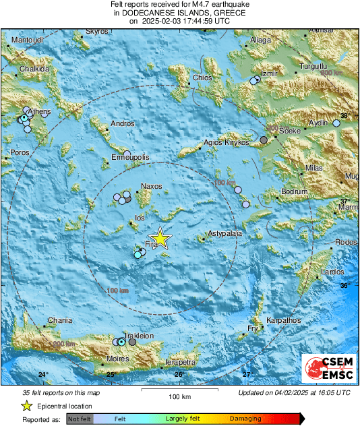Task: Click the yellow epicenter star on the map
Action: [160, 237]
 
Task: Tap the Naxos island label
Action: [152, 187]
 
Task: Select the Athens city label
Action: [39, 112]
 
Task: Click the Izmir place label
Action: [270, 73]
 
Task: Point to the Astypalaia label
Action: [224, 233]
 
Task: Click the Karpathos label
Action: [283, 320]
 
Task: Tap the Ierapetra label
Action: [180, 363]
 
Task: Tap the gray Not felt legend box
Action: [80, 419]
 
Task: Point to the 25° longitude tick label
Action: [111, 374]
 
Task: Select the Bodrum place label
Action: [294, 192]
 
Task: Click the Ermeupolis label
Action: [130, 157]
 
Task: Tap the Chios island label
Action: [202, 78]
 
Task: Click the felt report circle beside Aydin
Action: [336, 123]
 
